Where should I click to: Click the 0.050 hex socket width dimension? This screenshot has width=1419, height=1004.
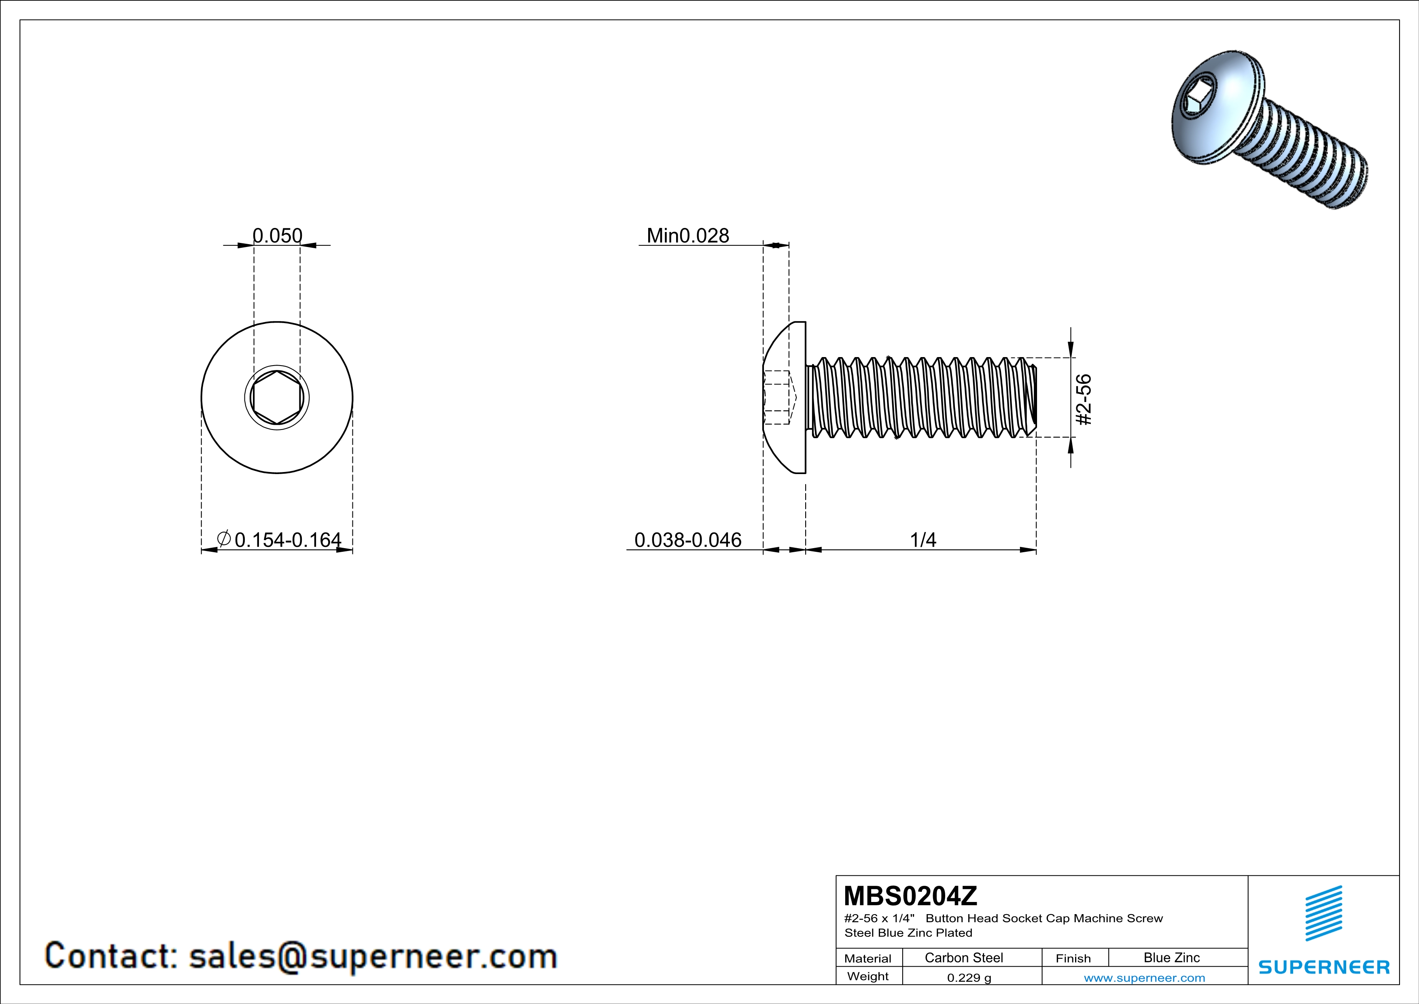pos(278,236)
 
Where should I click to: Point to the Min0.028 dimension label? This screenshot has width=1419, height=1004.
pos(687,236)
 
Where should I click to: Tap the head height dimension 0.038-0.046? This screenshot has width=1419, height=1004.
pos(687,540)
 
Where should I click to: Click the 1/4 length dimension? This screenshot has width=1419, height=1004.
pos(923,540)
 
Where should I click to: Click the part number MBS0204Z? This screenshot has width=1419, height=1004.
pos(910,895)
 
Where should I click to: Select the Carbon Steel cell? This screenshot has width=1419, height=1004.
pos(963,957)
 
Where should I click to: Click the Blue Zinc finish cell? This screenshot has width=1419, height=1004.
pos(1171,957)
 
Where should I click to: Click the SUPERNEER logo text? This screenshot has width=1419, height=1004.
pos(1324,967)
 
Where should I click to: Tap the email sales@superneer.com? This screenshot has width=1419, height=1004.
pos(373,956)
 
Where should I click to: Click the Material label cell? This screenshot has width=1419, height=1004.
pos(868,958)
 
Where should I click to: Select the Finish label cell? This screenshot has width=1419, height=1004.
pos(1073,958)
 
